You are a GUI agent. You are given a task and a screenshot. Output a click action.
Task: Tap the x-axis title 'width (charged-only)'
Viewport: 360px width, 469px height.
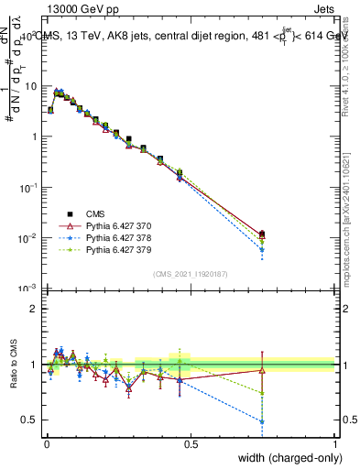tap(287, 457)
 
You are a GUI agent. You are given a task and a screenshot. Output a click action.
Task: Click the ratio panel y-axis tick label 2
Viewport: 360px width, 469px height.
tap(34, 309)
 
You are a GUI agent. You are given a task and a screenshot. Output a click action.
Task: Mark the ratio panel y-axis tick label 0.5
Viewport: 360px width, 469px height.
tap(30, 420)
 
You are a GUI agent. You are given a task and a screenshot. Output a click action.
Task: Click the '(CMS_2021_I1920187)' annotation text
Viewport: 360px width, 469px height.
tap(190, 274)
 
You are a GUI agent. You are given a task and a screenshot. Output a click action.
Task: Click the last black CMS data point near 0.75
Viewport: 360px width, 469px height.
tap(263, 234)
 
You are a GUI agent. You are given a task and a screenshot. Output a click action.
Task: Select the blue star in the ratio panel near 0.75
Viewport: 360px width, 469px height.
tap(263, 421)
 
